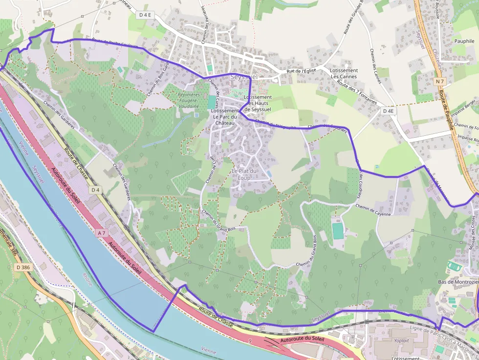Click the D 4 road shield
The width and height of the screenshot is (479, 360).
coord(95,190)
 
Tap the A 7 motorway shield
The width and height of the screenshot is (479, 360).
coord(102,233)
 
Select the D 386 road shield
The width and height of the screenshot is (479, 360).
coord(22,267)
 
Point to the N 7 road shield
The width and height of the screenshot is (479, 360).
coord(440,81)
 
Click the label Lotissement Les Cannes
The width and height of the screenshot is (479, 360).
coord(344,73)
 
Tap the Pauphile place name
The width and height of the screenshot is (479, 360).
coord(464,41)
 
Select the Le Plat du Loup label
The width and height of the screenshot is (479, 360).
coord(244,174)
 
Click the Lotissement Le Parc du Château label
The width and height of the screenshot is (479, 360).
coord(225,117)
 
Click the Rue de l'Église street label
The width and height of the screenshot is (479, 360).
coord(302,71)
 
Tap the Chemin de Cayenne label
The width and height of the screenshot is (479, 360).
coord(373,211)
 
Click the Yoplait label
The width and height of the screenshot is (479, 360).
coord(401,340)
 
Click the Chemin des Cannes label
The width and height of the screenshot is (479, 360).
coord(375,65)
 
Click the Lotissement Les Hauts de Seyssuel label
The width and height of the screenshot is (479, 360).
coord(257,103)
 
